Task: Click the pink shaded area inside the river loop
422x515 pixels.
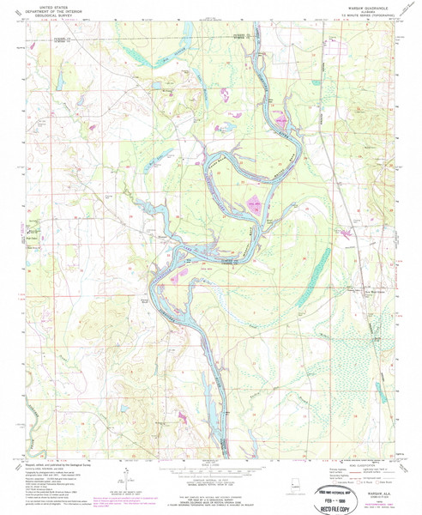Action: pyautogui.click(x=254, y=203)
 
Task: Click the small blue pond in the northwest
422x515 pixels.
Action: pyautogui.click(x=59, y=83)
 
